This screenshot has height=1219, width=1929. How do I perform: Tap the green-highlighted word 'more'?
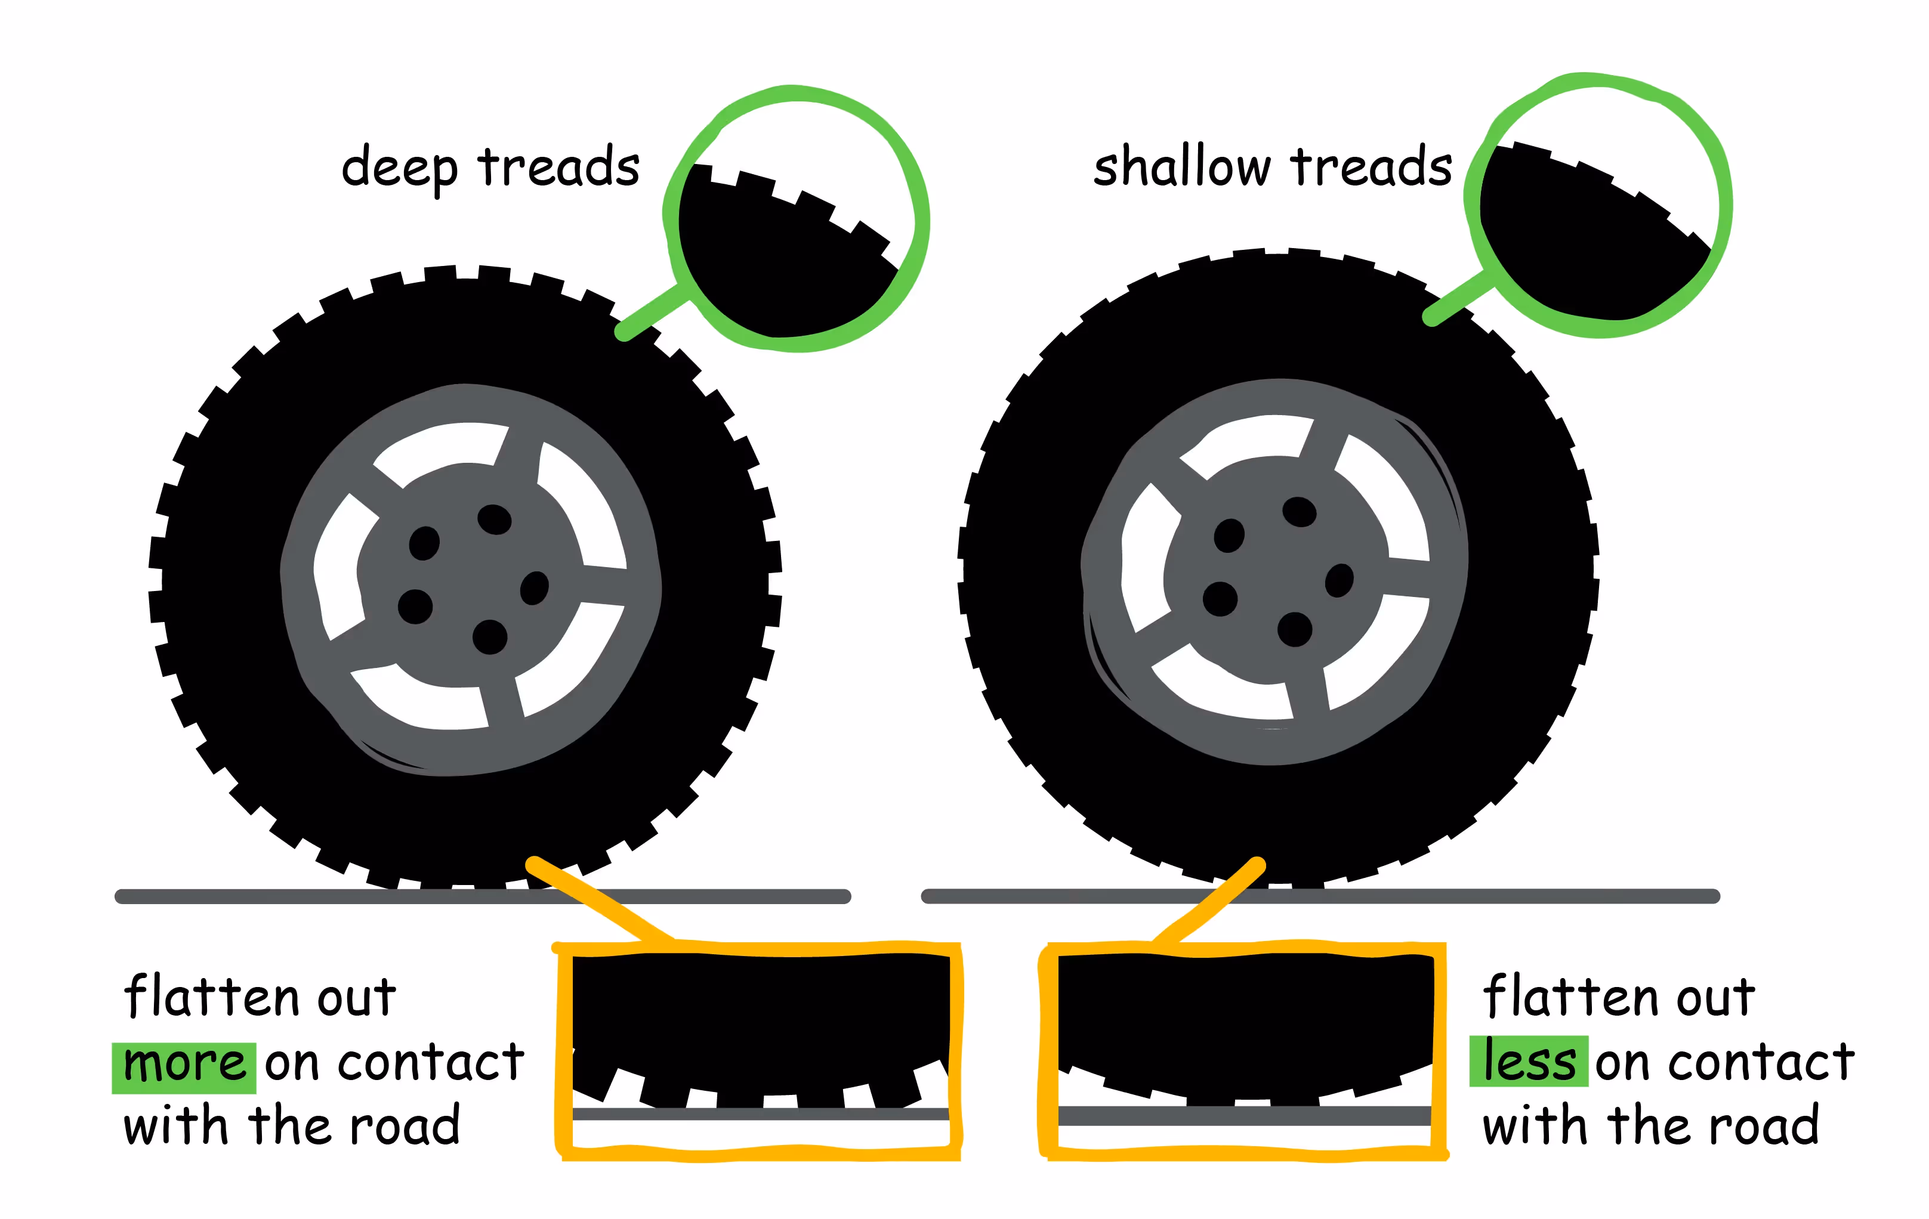click(184, 1066)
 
